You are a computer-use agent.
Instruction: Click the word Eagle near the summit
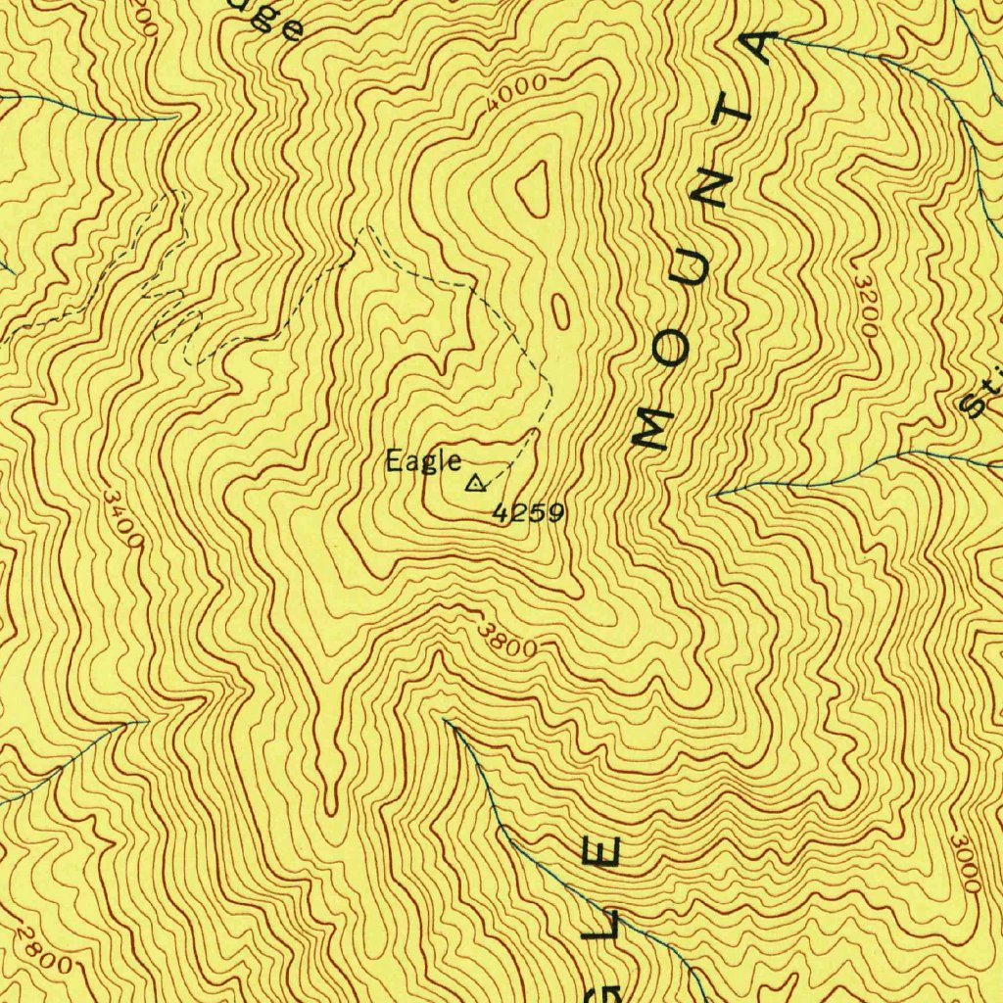[x=422, y=460]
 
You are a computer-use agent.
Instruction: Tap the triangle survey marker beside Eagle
[x=476, y=482]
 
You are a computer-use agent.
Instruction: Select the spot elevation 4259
[x=528, y=512]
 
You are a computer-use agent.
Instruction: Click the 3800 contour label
[x=509, y=642]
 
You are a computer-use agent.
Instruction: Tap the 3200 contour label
[x=865, y=307]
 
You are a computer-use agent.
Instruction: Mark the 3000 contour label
[x=965, y=863]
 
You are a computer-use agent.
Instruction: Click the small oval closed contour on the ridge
[x=560, y=311]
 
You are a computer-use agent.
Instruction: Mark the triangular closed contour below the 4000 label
[x=534, y=188]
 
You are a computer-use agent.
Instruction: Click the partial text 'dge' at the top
[x=274, y=20]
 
